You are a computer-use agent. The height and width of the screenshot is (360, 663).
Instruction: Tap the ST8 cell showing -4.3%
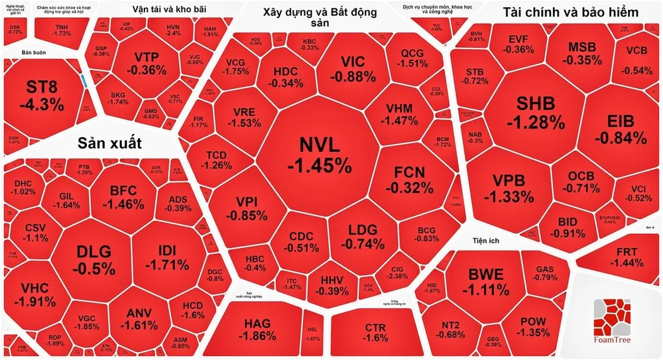click(x=42, y=95)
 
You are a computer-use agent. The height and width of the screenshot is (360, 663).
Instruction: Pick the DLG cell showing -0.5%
click(x=93, y=259)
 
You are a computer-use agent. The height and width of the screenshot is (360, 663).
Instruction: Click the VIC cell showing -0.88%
click(x=353, y=68)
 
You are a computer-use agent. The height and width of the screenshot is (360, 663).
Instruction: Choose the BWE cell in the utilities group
click(x=485, y=281)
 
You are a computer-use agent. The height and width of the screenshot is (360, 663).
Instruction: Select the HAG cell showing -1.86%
click(x=257, y=330)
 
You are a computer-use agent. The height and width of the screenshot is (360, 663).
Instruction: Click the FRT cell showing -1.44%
click(x=629, y=257)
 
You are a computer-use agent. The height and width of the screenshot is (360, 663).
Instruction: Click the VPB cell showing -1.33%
click(x=509, y=188)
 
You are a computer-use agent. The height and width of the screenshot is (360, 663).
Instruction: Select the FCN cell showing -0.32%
click(x=409, y=180)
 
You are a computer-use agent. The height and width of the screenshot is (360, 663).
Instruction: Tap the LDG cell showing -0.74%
click(x=361, y=236)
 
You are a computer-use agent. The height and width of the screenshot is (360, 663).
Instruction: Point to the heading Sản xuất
click(x=110, y=143)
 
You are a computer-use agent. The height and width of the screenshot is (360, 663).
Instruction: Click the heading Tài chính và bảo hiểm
click(x=570, y=13)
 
